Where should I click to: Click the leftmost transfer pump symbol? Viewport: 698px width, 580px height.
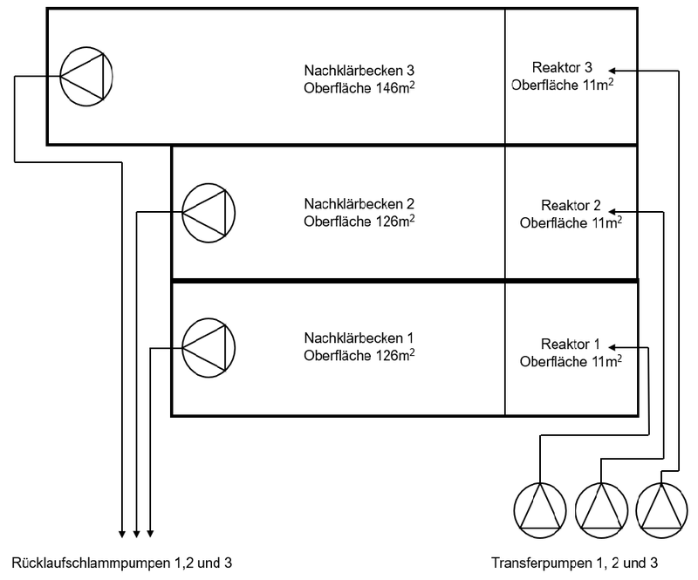click(540, 511)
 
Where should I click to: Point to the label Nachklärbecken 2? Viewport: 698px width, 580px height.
click(359, 204)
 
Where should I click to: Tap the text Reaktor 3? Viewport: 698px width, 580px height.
click(562, 68)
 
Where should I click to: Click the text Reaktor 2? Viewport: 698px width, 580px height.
click(571, 206)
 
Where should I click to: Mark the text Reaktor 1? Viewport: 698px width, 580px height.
click(571, 342)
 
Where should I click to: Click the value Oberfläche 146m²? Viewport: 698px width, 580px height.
click(359, 86)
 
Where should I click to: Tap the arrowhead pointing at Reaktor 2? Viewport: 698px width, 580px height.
click(613, 210)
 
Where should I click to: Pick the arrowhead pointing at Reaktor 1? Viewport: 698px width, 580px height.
click(613, 346)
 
